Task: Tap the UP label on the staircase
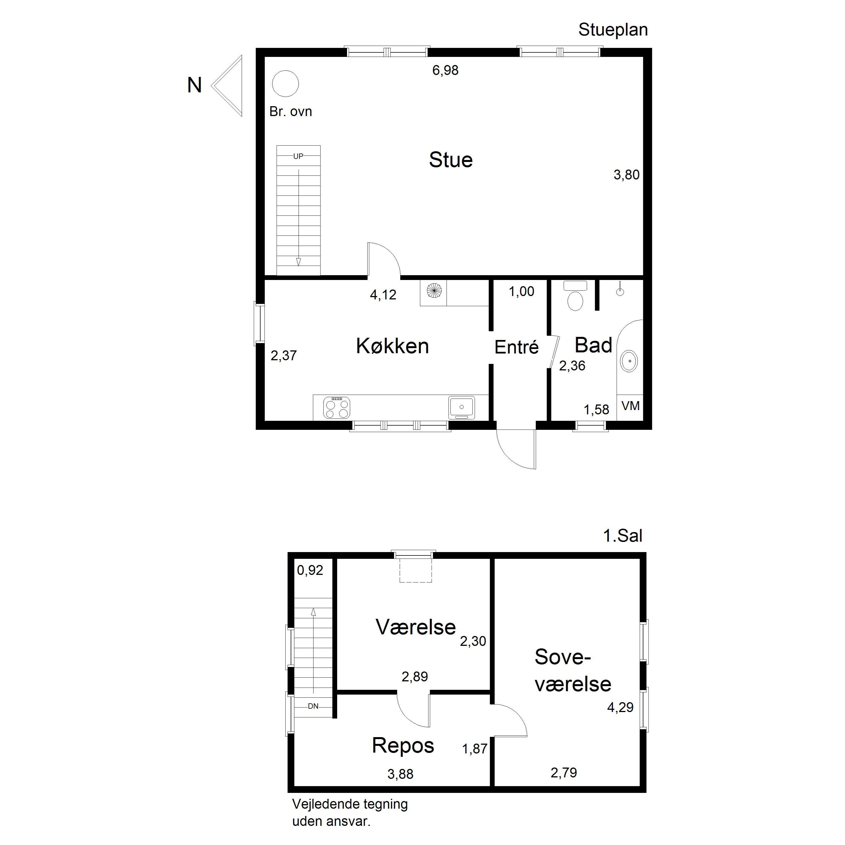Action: pyautogui.click(x=298, y=156)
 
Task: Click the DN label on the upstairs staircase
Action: pyautogui.click(x=313, y=706)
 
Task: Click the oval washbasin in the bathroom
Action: pyautogui.click(x=629, y=361)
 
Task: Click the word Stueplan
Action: pyautogui.click(x=613, y=30)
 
